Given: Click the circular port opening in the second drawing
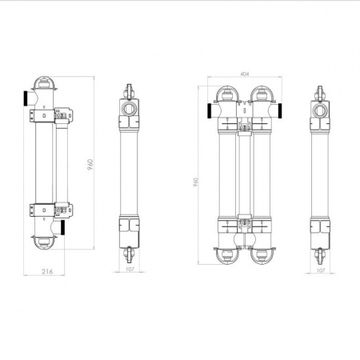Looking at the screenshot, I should pyautogui.click(x=128, y=106).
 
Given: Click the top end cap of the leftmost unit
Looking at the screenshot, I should pyautogui.click(x=43, y=84).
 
